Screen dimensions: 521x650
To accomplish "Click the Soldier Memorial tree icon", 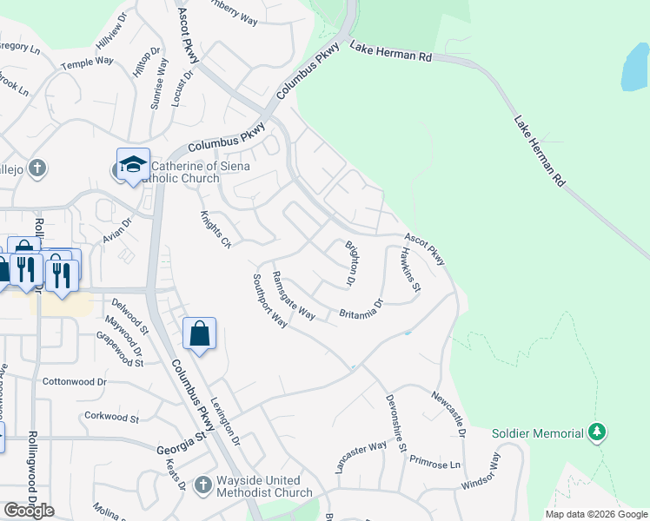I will (596, 432).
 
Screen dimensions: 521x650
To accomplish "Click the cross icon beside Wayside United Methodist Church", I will (202, 485).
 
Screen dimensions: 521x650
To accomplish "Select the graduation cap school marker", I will (133, 164).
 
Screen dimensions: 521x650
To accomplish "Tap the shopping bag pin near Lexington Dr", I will (199, 333).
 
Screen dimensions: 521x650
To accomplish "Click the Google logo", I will (29, 511).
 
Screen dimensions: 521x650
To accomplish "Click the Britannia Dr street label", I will (361, 310).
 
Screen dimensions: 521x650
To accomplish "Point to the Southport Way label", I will (269, 300).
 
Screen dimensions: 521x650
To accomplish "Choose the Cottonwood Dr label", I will (74, 381).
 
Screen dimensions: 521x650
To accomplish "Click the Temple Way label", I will (87, 63).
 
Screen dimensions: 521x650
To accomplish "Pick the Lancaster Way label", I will (361, 458).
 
